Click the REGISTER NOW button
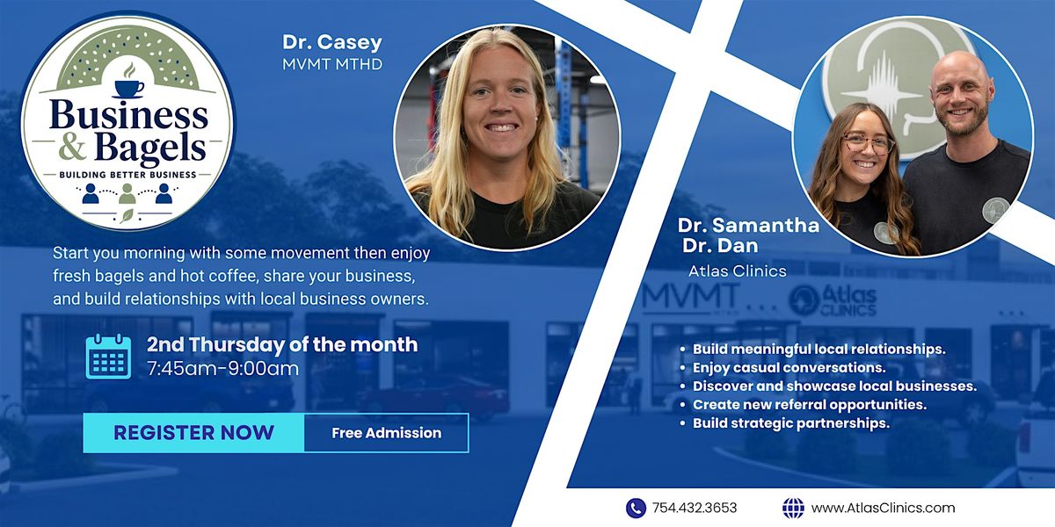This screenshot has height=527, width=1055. [193, 433]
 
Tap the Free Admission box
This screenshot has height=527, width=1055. [386, 433]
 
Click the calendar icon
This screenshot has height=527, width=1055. [108, 357]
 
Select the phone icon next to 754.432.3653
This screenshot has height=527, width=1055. [636, 509]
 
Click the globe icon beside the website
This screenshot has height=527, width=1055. [793, 509]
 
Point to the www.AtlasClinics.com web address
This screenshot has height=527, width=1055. [883, 509]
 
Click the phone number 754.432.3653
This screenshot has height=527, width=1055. [695, 509]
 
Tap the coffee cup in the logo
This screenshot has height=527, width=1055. [129, 88]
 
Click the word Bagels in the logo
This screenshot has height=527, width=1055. [150, 148]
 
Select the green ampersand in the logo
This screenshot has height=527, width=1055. [72, 147]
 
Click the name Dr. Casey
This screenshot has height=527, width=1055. [332, 42]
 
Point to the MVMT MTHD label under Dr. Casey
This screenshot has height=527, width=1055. [332, 64]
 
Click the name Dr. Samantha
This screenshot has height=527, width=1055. [748, 226]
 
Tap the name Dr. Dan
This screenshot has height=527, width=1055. [720, 246]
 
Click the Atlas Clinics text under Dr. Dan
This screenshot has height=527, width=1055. [737, 271]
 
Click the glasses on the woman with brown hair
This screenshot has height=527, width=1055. [867, 143]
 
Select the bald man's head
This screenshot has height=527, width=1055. [961, 94]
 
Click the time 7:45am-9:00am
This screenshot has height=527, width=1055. [222, 368]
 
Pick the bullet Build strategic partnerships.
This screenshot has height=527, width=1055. [791, 423]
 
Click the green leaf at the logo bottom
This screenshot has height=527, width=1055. [127, 215]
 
